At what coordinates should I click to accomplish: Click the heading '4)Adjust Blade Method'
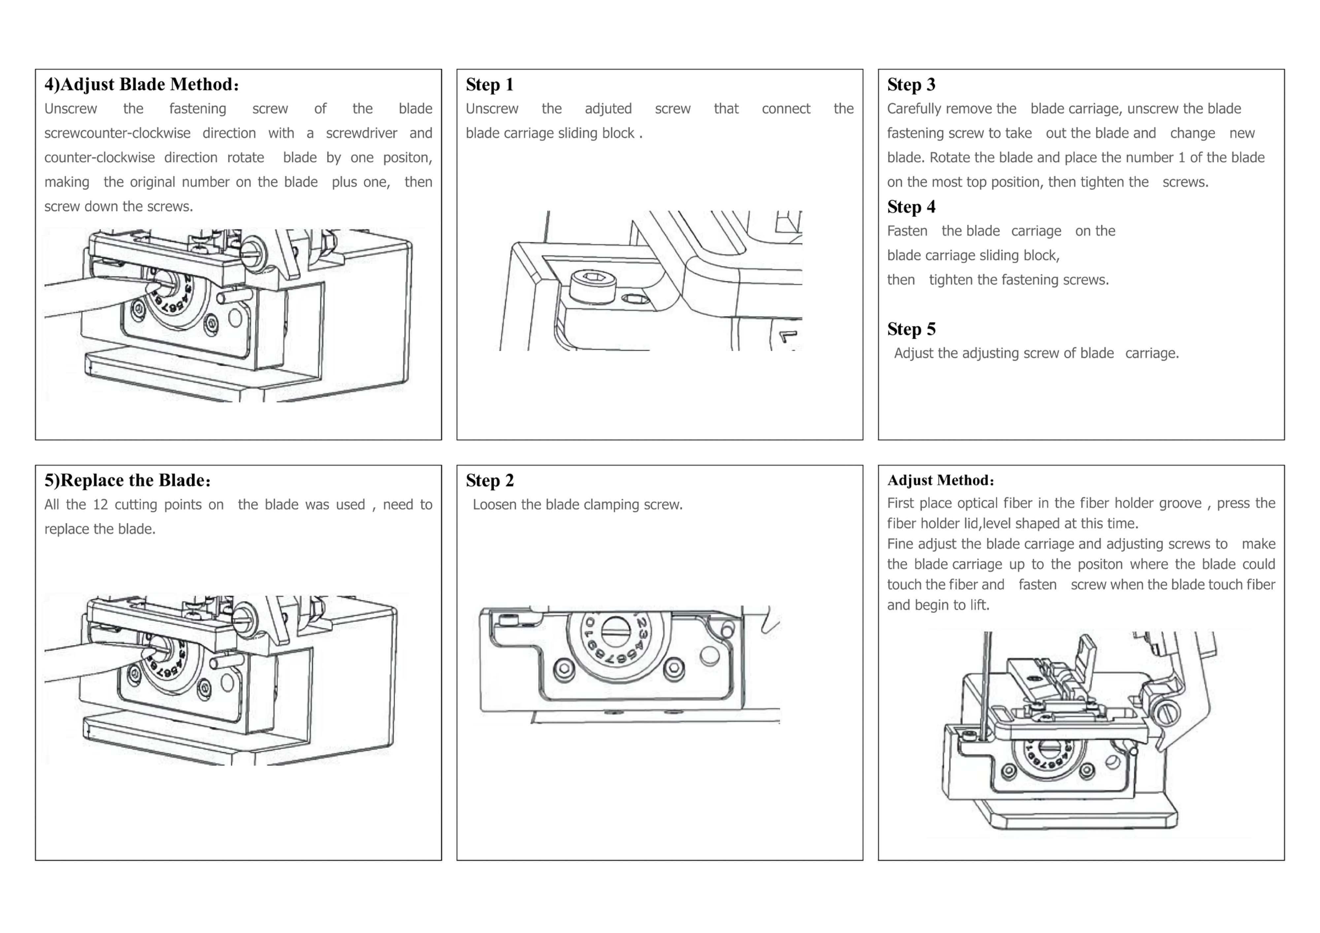coord(141,84)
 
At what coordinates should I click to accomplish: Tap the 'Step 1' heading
coord(489,84)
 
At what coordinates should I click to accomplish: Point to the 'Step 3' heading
coord(911,84)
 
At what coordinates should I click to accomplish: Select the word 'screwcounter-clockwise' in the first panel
coord(117,133)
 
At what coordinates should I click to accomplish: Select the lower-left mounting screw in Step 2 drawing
coord(563,668)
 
